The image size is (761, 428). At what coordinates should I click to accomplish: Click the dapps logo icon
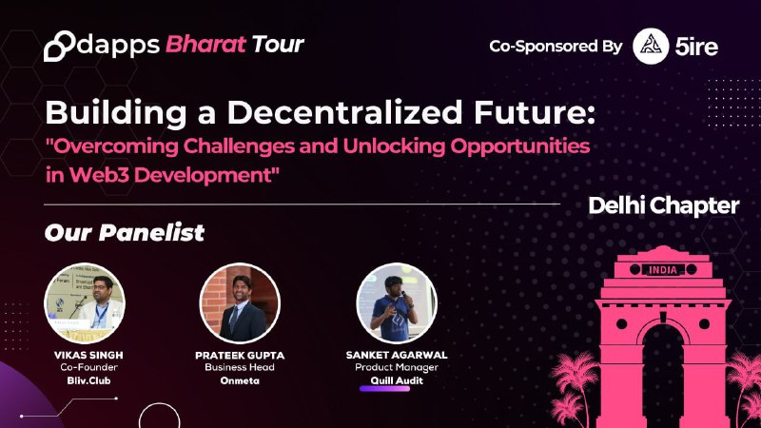(x=59, y=46)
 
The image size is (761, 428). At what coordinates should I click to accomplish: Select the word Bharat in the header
(x=205, y=45)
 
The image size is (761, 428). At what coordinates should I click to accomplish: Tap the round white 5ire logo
(x=651, y=46)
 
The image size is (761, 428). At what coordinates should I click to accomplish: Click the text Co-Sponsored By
(x=556, y=47)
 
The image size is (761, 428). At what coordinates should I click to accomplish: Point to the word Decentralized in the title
(x=344, y=112)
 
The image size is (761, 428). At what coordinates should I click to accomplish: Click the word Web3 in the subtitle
(x=99, y=175)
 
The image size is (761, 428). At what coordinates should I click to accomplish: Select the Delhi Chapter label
(x=663, y=205)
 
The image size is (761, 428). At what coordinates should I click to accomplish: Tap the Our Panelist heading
(x=125, y=232)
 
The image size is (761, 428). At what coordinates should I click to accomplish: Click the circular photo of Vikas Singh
(x=85, y=303)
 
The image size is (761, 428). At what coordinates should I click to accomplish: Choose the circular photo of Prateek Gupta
(x=240, y=303)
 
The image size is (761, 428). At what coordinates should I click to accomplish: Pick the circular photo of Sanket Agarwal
(x=397, y=303)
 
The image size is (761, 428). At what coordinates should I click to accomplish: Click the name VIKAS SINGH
(x=88, y=355)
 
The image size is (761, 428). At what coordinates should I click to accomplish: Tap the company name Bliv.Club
(x=88, y=381)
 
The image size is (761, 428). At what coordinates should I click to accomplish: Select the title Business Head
(x=240, y=367)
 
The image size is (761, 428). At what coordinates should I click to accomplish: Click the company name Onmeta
(x=240, y=381)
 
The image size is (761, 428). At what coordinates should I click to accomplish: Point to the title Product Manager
(x=397, y=368)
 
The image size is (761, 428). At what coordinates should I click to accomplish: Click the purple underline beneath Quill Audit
(x=385, y=388)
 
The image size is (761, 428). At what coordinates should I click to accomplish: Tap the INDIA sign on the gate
(x=663, y=270)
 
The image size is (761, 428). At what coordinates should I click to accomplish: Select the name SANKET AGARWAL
(x=397, y=355)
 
